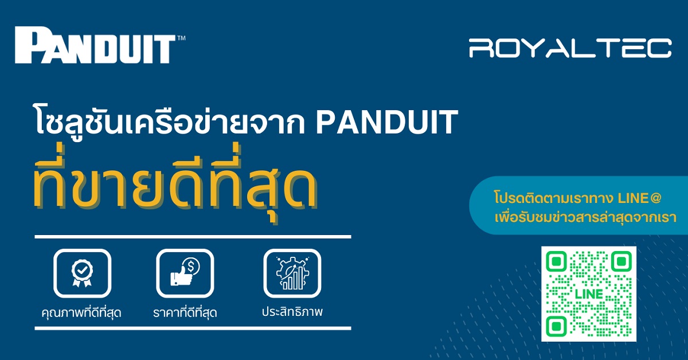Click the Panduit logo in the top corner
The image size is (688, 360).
coord(95,45)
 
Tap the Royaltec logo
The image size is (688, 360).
coord(570,48)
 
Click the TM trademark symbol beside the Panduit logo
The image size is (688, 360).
coord(181,38)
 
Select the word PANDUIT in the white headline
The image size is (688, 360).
coord(387,122)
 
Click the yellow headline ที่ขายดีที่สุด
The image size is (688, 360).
coord(175,183)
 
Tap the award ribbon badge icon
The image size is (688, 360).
coord(82,273)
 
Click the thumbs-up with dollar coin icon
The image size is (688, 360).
coord(185,272)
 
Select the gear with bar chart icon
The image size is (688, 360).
coord(292,273)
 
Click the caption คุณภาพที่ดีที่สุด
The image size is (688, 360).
coord(81,312)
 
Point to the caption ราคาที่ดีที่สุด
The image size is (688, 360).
coord(185,312)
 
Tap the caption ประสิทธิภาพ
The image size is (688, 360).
coord(292,311)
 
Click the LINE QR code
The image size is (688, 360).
coord(589,294)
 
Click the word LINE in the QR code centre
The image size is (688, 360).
coord(589,294)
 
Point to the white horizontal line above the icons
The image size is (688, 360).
coord(193,237)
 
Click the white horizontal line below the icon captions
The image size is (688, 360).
coord(193,328)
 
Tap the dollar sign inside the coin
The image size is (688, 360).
coord(191,266)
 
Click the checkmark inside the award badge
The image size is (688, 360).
coord(82,270)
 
